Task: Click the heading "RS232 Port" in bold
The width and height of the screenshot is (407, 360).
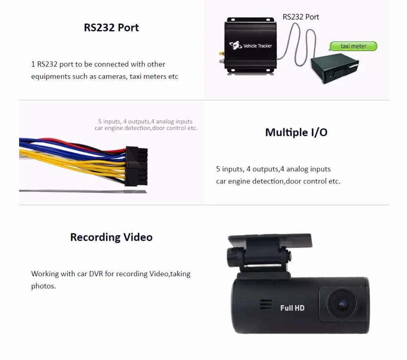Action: (111, 28)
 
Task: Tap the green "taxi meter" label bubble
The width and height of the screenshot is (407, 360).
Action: (353, 46)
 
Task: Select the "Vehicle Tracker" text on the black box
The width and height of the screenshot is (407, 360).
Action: (257, 46)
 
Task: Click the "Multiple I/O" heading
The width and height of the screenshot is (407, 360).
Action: (296, 132)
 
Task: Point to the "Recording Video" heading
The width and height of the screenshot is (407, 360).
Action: (111, 237)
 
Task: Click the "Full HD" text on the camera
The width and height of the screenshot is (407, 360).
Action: (292, 308)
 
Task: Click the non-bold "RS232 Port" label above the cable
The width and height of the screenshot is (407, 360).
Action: (301, 17)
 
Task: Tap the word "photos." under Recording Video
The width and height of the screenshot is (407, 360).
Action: (44, 286)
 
